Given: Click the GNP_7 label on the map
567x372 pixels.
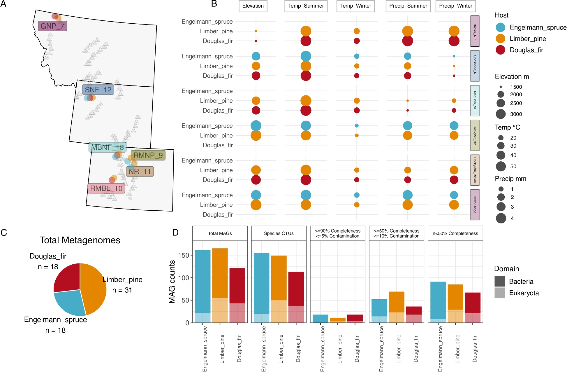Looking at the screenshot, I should [52, 26].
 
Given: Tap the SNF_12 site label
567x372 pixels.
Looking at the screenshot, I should [98, 90].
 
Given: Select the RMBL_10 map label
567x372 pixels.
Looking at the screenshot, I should [106, 188].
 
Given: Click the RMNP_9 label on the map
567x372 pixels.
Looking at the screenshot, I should [148, 155].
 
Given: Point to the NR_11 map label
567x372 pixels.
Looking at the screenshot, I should [140, 172].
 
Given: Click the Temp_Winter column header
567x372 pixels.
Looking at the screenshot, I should [355, 6].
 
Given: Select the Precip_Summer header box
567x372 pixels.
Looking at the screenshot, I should [408, 6].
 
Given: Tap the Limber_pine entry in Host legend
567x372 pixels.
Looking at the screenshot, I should [528, 39].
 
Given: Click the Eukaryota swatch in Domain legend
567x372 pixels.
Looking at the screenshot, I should [500, 293].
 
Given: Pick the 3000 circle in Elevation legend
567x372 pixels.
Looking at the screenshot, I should [501, 114].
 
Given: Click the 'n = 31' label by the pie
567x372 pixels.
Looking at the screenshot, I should [122, 290].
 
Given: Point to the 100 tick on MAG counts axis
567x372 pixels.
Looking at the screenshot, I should [184, 278].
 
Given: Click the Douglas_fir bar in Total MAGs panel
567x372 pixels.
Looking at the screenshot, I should [237, 295].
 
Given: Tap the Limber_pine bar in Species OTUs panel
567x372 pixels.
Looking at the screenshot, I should [279, 289].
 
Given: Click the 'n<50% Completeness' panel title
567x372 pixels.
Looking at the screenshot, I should [455, 233].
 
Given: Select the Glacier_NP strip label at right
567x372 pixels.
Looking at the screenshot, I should [475, 31].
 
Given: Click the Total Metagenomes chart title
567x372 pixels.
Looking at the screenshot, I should [80, 240].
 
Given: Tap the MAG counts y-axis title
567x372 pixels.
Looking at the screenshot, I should [172, 282].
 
